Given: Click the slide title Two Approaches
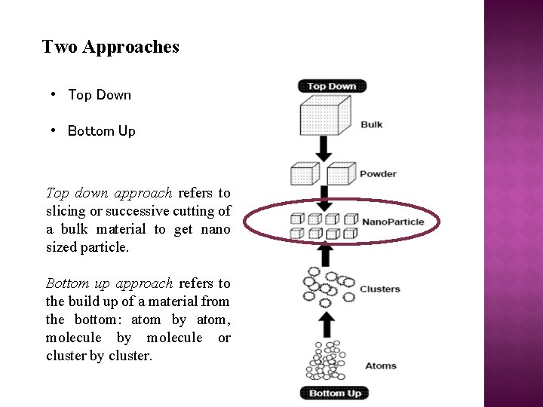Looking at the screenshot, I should (x=111, y=47).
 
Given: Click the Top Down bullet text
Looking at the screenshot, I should (x=99, y=95).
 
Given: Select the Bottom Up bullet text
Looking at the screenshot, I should (x=101, y=131).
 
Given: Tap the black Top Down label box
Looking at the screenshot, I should (x=331, y=86).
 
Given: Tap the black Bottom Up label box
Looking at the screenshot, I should (x=335, y=393).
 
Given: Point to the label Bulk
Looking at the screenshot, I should (x=371, y=124).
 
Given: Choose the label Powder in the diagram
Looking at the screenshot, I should (x=377, y=174).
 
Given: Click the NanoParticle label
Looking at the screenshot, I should (x=393, y=222).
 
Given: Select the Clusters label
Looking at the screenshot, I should (x=379, y=289).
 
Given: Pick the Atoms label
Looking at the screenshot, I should (x=380, y=366).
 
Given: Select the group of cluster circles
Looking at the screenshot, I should (x=327, y=287).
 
